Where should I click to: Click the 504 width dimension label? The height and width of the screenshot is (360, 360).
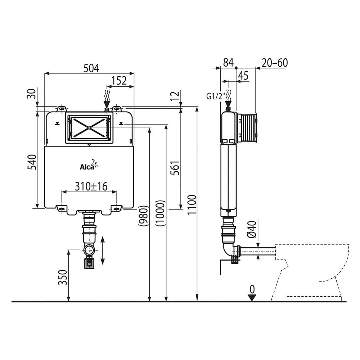point(91,68)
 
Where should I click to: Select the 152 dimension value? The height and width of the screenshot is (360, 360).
point(119,81)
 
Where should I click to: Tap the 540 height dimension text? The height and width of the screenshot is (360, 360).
point(32,162)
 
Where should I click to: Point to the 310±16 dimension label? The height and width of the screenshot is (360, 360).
point(91,186)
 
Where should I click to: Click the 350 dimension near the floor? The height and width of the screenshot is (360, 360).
point(63,277)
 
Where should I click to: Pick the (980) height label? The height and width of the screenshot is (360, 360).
point(143,215)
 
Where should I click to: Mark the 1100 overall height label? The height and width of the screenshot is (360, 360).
point(192,204)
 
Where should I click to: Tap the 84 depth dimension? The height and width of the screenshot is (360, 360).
point(228,63)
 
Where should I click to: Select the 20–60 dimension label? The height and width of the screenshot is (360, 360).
point(275,63)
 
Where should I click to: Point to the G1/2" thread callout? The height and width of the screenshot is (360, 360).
point(215,96)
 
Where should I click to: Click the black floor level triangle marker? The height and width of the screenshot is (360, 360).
point(252,297)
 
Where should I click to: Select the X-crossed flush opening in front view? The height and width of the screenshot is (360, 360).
point(89,127)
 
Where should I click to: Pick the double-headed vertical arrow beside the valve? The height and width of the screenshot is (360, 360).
point(103,251)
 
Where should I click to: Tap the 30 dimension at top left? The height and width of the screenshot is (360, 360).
point(32,94)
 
